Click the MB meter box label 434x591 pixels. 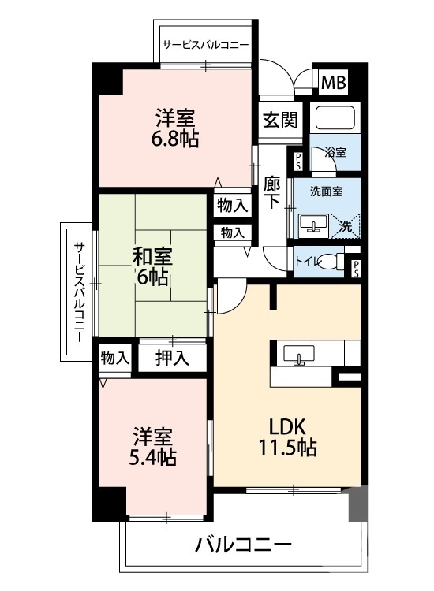(332, 82)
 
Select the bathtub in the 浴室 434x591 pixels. (335, 119)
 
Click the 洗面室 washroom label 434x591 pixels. (325, 190)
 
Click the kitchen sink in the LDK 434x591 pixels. (299, 354)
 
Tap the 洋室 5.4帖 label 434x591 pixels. (153, 446)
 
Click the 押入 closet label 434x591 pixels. (172, 358)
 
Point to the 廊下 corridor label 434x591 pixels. (271, 191)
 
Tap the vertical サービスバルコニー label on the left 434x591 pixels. (80, 292)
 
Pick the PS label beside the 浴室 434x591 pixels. (297, 161)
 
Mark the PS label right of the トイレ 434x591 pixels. (357, 268)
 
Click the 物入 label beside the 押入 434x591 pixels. (115, 357)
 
